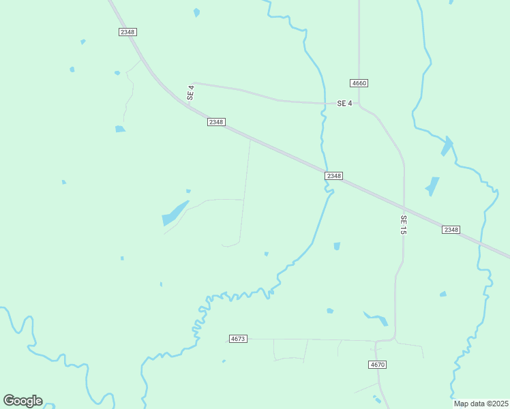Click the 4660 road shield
coord(359,83)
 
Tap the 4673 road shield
coord(238,339)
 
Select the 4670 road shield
coord(378,365)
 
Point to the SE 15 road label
coord(404,226)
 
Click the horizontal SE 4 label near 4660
coord(345,104)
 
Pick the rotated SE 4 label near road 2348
coord(192,93)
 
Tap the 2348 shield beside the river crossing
coord(333,176)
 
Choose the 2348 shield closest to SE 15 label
coord(451,230)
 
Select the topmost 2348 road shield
coord(127,32)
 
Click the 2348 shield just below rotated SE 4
coord(216,122)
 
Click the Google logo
coord(22,401)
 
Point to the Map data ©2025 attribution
coord(481,404)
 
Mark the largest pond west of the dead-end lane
coord(175,213)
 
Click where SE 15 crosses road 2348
coord(404,207)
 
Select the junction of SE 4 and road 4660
coord(359,104)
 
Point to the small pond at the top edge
coord(197,12)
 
